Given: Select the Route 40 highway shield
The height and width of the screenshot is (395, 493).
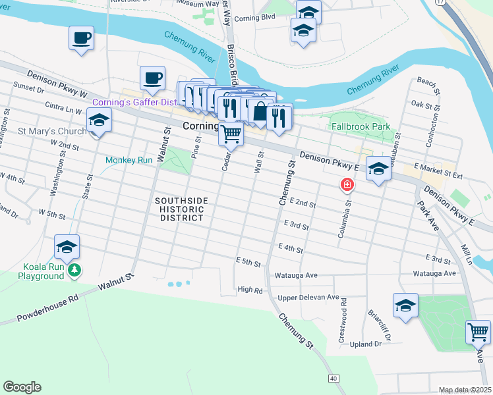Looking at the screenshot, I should (x=334, y=378).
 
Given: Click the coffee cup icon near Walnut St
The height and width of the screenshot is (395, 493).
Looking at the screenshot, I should (x=152, y=78).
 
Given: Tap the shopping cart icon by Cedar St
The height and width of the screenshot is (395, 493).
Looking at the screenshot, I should (x=231, y=133).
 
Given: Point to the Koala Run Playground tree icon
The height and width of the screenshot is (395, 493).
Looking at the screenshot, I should (x=76, y=269).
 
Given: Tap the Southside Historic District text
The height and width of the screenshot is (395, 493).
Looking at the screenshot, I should (x=181, y=209).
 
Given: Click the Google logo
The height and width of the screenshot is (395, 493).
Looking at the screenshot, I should (x=22, y=386).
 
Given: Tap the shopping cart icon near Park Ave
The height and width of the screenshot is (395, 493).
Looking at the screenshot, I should (x=477, y=330).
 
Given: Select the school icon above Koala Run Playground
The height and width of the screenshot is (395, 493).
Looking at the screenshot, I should (x=67, y=247).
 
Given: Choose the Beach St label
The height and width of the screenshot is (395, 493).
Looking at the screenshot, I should (x=427, y=82).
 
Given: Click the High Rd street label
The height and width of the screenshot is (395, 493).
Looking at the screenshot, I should (x=250, y=290).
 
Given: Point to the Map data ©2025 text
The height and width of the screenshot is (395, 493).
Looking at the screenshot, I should (x=465, y=390).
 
